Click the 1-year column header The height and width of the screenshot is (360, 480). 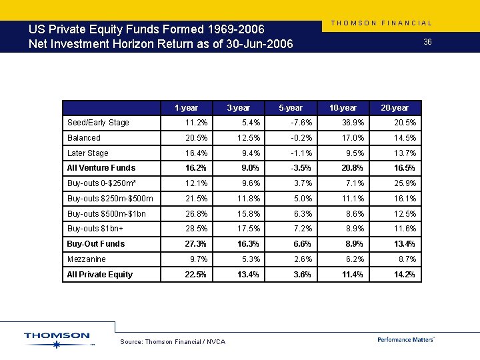coord(186,108)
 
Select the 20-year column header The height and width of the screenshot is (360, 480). coord(395,108)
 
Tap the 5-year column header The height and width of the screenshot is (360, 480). coord(290,108)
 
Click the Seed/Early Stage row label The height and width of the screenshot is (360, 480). coord(98,123)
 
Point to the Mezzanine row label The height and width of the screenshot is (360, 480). coord(86,259)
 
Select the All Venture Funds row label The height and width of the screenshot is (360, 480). coord(101,168)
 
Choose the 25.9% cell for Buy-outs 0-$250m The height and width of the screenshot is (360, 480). coord(405,183)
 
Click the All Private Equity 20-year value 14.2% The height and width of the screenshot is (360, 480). coord(404,275)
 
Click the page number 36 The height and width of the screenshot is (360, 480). coord(427,41)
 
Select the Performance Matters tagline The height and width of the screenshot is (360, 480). coord(405,339)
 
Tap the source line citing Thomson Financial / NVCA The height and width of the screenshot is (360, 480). coord(173,342)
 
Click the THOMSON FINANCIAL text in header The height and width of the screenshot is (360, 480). coord(382,23)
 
